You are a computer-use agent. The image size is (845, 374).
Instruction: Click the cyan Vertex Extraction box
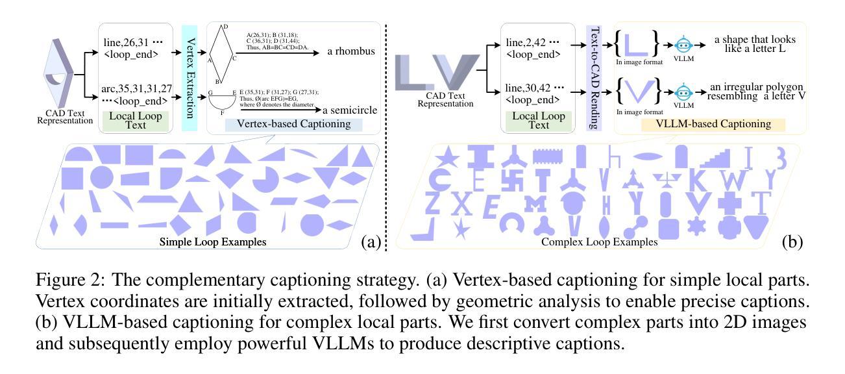tap(189, 78)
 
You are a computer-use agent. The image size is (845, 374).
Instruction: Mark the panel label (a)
tap(370, 242)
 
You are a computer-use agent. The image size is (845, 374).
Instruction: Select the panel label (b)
tap(792, 242)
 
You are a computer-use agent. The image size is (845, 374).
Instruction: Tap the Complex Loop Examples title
tap(599, 242)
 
